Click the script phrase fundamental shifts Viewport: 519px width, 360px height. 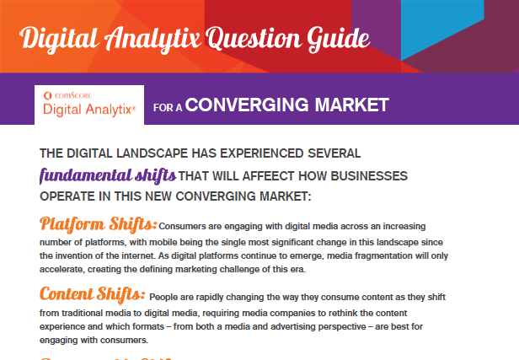pyautogui.click(x=108, y=175)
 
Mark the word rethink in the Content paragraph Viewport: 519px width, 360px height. pyautogui.click(x=368, y=313)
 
